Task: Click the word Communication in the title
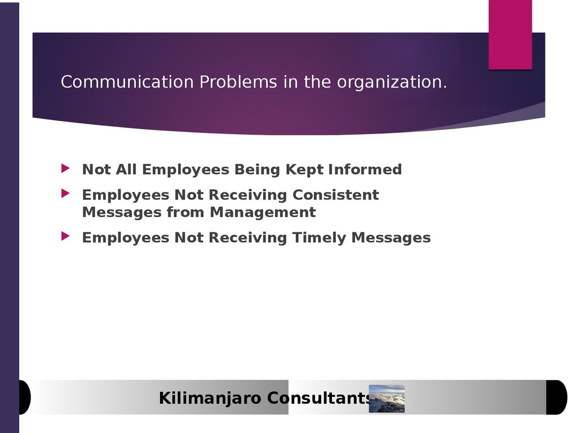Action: point(127,82)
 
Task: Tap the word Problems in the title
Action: point(238,82)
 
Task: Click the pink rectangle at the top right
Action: point(511,34)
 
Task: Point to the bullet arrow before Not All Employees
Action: point(65,168)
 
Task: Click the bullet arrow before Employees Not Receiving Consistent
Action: point(65,193)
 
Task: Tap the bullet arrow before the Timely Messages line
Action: point(65,236)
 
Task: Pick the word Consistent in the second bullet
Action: point(336,195)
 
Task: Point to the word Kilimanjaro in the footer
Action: point(210,399)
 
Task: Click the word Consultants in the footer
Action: point(318,398)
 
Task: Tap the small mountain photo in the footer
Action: point(387,399)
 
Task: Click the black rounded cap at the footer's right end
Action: point(557,397)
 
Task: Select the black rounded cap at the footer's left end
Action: point(25,397)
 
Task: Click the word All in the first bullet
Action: point(126,169)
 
